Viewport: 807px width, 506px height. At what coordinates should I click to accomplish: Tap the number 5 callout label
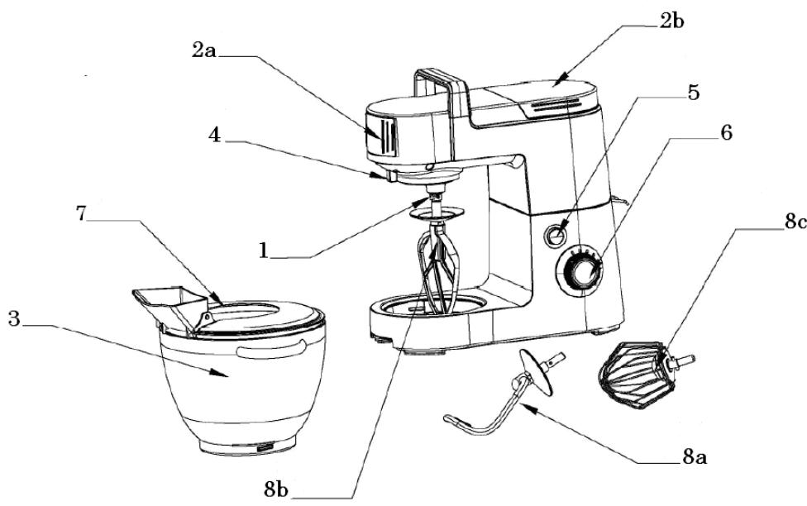point(694,93)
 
